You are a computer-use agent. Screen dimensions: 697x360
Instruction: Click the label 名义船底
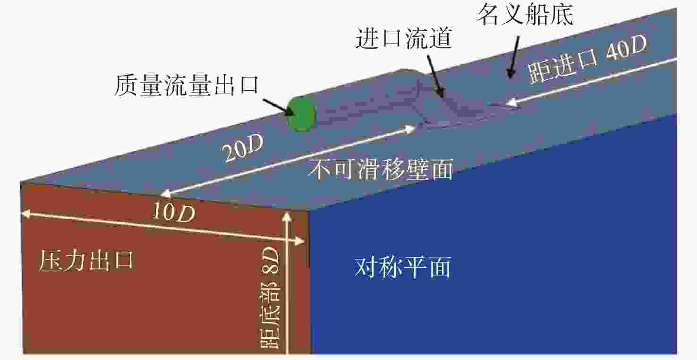tap(525, 15)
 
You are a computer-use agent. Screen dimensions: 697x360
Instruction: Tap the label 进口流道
tap(404, 38)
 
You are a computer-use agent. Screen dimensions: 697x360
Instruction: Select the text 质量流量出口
tap(187, 85)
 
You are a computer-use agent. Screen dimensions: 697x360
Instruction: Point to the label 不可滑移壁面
tap(381, 170)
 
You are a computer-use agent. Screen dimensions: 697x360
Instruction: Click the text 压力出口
tap(86, 260)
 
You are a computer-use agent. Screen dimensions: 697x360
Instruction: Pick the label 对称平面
tap(403, 267)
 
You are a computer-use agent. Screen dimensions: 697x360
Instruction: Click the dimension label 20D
tap(243, 148)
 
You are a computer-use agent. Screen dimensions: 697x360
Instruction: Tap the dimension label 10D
tap(174, 212)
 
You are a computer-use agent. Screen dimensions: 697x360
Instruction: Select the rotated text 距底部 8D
tap(270, 298)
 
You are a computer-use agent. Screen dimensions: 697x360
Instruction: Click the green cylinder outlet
tap(301, 114)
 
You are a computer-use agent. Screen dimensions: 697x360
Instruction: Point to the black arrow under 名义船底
tap(514, 57)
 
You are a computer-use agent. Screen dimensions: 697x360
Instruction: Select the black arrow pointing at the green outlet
tap(279, 107)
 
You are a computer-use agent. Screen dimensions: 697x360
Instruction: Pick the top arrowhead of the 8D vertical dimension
tap(287, 216)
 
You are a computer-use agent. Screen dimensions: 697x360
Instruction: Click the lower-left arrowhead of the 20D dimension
tap(166, 194)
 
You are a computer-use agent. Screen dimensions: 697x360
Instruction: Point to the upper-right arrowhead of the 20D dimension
tap(410, 129)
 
